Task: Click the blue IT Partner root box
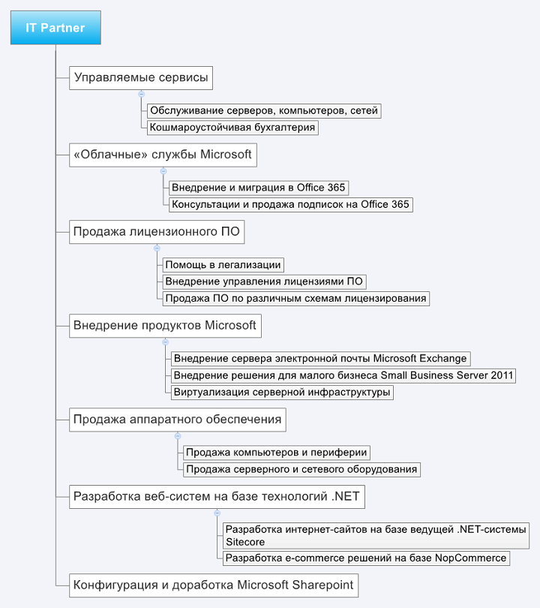click(x=55, y=29)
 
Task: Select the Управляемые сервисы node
click(x=140, y=78)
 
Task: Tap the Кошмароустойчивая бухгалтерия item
click(x=232, y=128)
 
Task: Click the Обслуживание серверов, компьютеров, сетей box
click(x=263, y=111)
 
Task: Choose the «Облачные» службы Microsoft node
click(x=163, y=155)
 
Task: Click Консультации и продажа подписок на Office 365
click(x=290, y=204)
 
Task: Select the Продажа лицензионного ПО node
click(x=157, y=232)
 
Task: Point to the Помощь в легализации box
click(x=223, y=265)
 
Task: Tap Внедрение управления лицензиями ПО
click(x=264, y=281)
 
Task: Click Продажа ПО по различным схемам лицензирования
click(x=295, y=298)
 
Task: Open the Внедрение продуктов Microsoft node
click(x=165, y=326)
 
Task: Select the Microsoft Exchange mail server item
click(x=320, y=359)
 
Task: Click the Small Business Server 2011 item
click(x=343, y=375)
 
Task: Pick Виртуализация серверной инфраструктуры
click(x=281, y=392)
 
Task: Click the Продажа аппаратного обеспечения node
click(x=178, y=420)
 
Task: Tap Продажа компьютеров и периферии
click(x=277, y=453)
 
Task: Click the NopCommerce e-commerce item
click(x=366, y=558)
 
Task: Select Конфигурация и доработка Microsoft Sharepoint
click(x=213, y=585)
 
